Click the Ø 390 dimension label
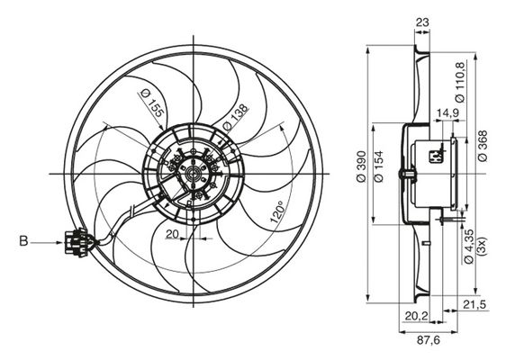point(361,166)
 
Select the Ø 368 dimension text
point(483,146)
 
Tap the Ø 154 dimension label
point(379,166)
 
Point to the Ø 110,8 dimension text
point(460,83)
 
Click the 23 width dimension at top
point(422,22)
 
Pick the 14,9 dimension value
point(447,112)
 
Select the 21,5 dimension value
point(474,304)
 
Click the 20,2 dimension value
point(417,316)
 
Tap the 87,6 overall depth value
point(429,340)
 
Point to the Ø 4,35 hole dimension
point(469,247)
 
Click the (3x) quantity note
point(483,246)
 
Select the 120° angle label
point(276,212)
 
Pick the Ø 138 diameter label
point(234,118)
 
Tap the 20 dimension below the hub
point(172,234)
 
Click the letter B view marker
point(23,241)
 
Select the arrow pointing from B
point(47,242)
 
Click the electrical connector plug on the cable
point(77,242)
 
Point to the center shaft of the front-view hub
point(192,174)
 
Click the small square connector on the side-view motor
point(435,157)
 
